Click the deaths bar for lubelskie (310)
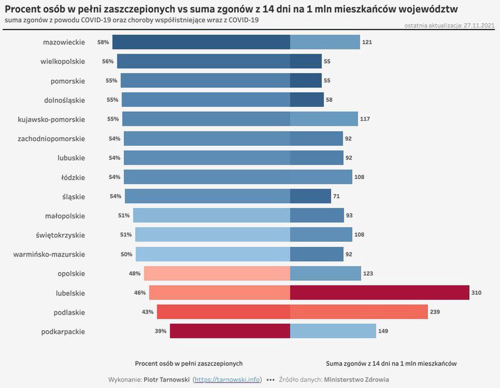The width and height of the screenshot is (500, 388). coord(379,292)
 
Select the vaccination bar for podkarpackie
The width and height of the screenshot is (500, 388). coord(230,331)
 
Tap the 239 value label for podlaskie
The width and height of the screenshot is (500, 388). coord(434,312)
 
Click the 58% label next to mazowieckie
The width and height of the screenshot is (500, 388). coord(103,42)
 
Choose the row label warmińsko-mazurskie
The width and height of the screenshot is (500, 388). coord(49,254)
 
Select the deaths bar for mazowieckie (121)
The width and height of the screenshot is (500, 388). coord(325,42)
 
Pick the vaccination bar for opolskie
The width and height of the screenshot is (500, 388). coord(217,273)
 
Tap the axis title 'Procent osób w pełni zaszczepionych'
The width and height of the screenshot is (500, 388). coord(189,364)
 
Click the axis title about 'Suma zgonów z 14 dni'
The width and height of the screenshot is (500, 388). coord(391,364)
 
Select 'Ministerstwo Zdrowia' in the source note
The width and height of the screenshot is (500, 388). coord(357,380)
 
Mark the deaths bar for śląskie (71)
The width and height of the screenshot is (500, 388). coord(311,196)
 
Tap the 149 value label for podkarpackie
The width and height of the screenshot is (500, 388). coord(383,331)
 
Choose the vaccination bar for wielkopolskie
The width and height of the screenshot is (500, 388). coord(203,61)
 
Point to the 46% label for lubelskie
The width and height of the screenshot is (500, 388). coord(139,292)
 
